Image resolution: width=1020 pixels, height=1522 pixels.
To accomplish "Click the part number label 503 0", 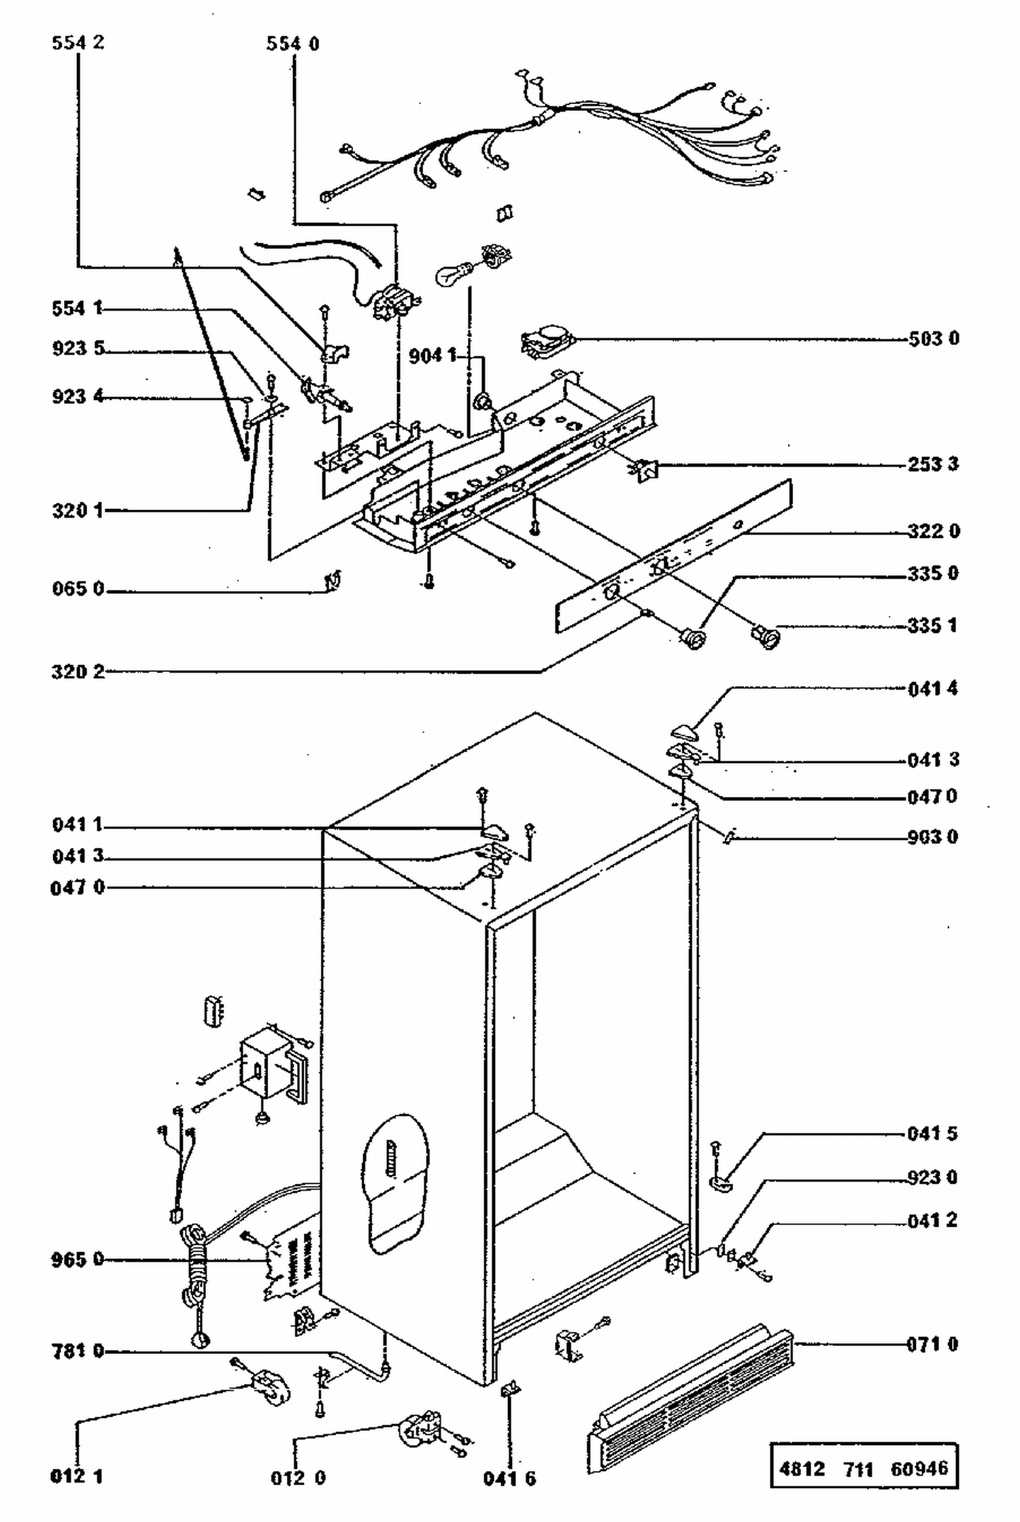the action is (x=934, y=338).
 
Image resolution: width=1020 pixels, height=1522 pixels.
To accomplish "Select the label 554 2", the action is (x=78, y=43).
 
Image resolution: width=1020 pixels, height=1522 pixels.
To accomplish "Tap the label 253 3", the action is (x=933, y=464).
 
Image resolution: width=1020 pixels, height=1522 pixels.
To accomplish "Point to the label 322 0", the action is (x=934, y=531).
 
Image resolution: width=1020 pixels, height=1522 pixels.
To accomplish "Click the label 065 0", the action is (x=78, y=588).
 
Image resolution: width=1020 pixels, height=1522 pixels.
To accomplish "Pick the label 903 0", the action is (x=932, y=837).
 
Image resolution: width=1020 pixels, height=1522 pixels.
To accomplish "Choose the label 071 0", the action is (x=932, y=1345).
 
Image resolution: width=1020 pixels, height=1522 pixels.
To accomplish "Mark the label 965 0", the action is (x=78, y=1259).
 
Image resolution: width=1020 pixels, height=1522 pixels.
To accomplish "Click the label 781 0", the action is (x=78, y=1351).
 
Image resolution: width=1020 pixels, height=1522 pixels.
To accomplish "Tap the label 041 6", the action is (x=509, y=1478).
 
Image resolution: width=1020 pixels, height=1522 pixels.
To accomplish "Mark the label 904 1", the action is (x=432, y=355).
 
